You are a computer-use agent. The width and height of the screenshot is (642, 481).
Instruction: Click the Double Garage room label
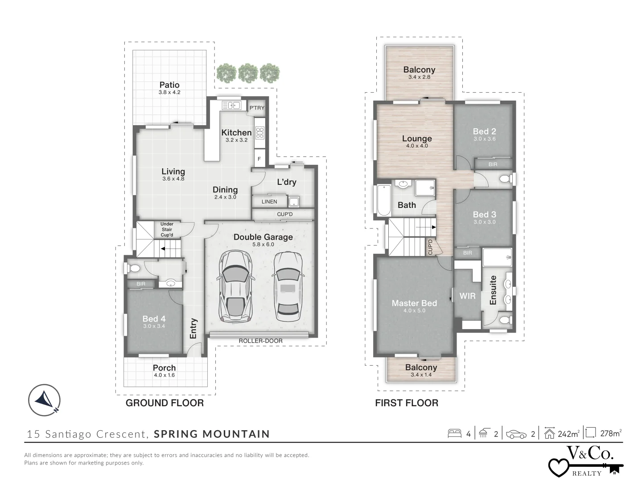click(x=263, y=237)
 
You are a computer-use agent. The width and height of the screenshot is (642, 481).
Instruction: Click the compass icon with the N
click(x=44, y=399)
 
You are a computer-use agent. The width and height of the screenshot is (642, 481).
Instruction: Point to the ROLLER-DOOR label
click(x=260, y=341)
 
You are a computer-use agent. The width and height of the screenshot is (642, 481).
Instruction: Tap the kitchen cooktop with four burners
click(x=259, y=132)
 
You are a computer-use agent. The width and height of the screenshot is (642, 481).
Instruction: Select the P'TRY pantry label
click(x=257, y=108)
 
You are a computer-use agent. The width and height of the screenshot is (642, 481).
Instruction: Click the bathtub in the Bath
click(x=383, y=200)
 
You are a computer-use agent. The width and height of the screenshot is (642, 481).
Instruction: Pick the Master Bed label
click(x=414, y=303)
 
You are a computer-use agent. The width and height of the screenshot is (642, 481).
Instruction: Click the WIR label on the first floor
click(x=467, y=296)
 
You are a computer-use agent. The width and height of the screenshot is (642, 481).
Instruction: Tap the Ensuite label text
click(x=493, y=290)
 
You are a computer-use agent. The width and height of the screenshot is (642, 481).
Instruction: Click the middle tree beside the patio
click(x=248, y=72)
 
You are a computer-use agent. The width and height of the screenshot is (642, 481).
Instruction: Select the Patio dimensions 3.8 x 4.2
click(x=169, y=93)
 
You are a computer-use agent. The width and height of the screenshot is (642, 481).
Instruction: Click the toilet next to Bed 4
click(x=133, y=269)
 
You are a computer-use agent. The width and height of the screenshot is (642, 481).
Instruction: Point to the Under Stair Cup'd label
click(x=167, y=229)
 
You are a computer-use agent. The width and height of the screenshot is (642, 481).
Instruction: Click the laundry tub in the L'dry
click(x=294, y=202)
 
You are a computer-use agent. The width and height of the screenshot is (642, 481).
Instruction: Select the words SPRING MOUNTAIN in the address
click(x=212, y=434)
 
